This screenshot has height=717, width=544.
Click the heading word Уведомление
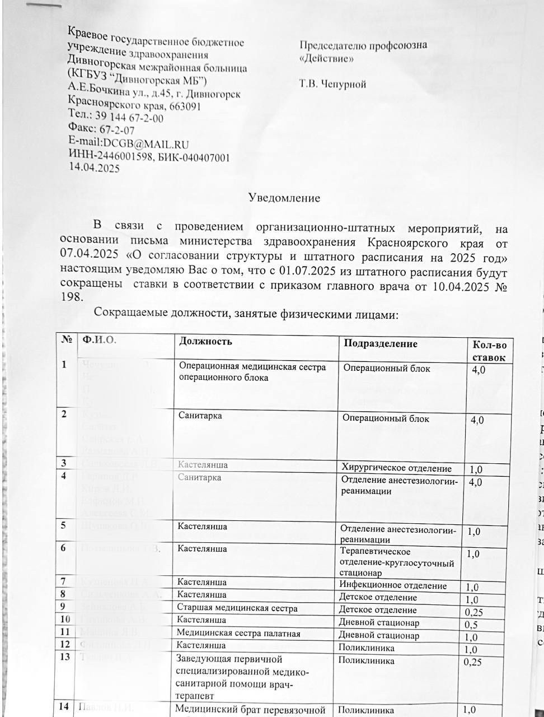coord(284,198)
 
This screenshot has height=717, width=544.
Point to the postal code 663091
coord(183,106)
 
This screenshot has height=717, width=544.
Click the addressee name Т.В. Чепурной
coord(332,85)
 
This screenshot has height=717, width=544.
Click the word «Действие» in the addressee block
coord(326,58)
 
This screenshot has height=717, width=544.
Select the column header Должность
coord(205,341)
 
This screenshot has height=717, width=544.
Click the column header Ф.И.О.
coord(99,339)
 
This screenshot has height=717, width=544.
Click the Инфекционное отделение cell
coord(393,586)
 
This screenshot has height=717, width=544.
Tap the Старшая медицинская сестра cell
coord(237,608)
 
